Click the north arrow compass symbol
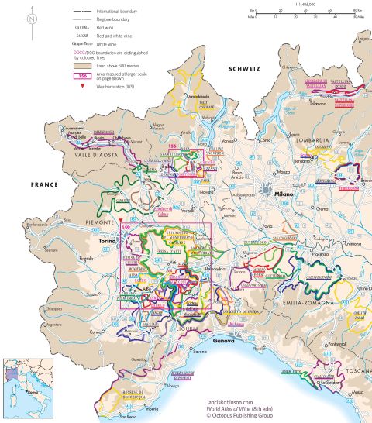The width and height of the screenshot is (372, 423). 31,16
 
